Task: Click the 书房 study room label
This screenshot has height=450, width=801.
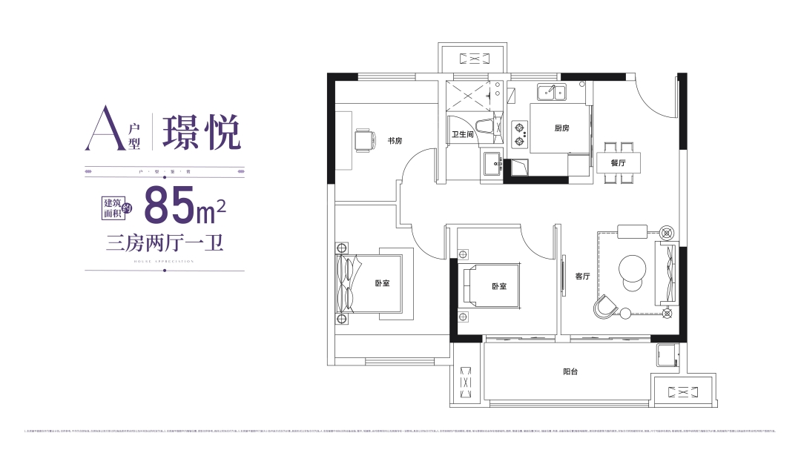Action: point(394,140)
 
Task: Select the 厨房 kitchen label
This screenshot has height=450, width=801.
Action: point(561,128)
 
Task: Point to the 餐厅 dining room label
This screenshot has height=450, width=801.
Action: point(618,162)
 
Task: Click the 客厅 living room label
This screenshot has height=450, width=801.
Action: point(582,276)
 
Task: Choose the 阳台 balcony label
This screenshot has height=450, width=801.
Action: point(570,371)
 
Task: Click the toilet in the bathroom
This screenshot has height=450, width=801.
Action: point(486,126)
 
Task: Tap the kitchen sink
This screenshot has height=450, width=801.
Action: point(551,92)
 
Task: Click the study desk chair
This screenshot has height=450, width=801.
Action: point(364,139)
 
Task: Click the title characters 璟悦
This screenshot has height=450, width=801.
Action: point(201,131)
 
